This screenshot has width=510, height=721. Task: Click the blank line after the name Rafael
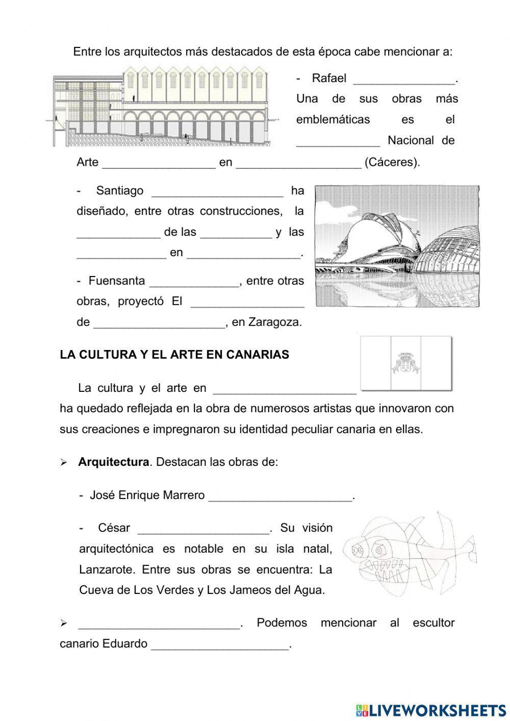(403, 80)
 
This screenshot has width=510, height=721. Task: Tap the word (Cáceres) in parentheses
(392, 162)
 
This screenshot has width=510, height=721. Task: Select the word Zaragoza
(274, 322)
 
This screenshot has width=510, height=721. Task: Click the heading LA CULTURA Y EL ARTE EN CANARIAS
(174, 355)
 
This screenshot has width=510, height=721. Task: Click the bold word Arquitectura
(113, 462)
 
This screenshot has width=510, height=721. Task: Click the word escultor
(433, 623)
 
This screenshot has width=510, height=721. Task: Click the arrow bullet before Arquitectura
(64, 463)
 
